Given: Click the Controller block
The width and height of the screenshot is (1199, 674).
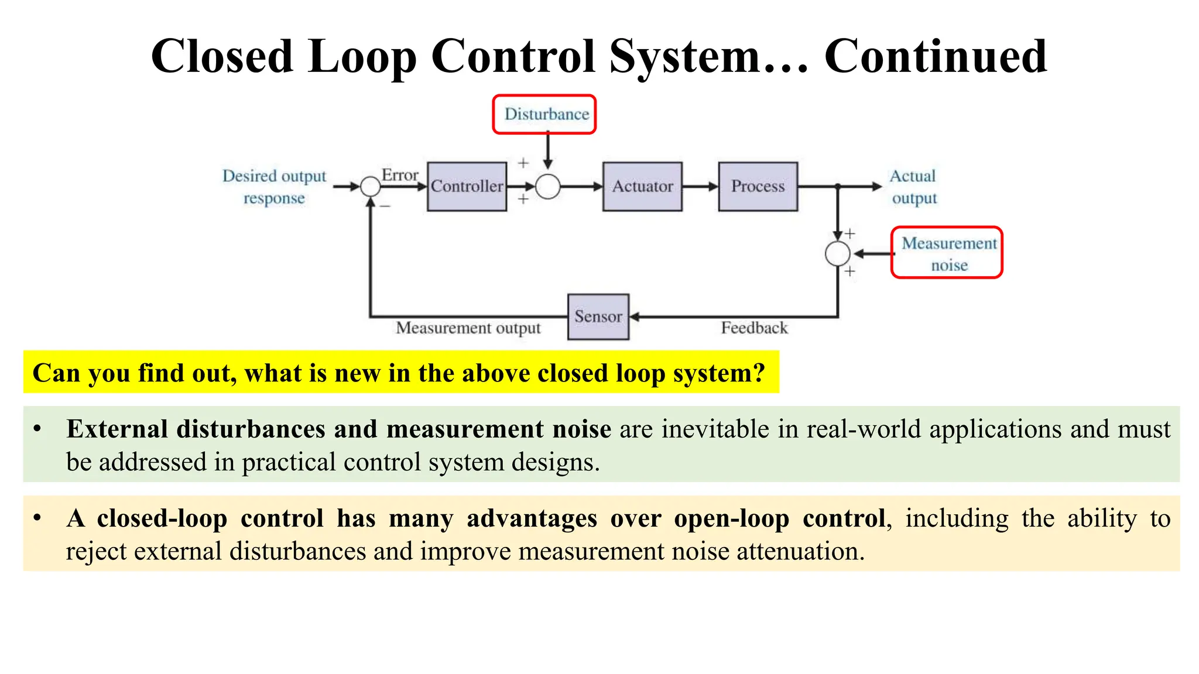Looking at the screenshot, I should (x=467, y=187).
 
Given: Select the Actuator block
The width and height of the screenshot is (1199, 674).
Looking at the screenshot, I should (x=642, y=187).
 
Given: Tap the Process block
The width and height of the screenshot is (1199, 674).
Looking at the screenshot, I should (x=758, y=187).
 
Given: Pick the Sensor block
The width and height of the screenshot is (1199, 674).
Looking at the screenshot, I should (x=598, y=317).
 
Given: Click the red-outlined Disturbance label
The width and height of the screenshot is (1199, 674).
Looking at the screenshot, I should (x=544, y=115).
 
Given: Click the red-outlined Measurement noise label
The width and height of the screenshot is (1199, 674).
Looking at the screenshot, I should (x=947, y=253).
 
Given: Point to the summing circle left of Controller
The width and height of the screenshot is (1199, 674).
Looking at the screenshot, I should (x=370, y=187).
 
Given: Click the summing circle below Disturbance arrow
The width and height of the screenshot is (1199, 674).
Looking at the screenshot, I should (x=548, y=187).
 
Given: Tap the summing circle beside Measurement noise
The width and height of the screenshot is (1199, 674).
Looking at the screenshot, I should (x=837, y=254).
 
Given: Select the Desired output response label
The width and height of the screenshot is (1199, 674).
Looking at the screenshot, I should (x=274, y=187).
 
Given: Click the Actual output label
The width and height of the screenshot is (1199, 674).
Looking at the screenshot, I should (x=913, y=187).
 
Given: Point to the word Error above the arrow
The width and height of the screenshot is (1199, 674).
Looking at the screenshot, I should (x=400, y=175).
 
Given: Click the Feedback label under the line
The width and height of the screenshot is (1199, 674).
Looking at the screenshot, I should (x=754, y=328).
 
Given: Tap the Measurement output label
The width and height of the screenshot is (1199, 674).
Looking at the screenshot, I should (x=468, y=328).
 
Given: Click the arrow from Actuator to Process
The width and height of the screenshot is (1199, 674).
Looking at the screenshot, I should (x=700, y=187).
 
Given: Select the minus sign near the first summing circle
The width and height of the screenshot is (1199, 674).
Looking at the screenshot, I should (x=385, y=207).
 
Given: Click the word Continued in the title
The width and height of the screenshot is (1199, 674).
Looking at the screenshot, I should (x=935, y=57).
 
